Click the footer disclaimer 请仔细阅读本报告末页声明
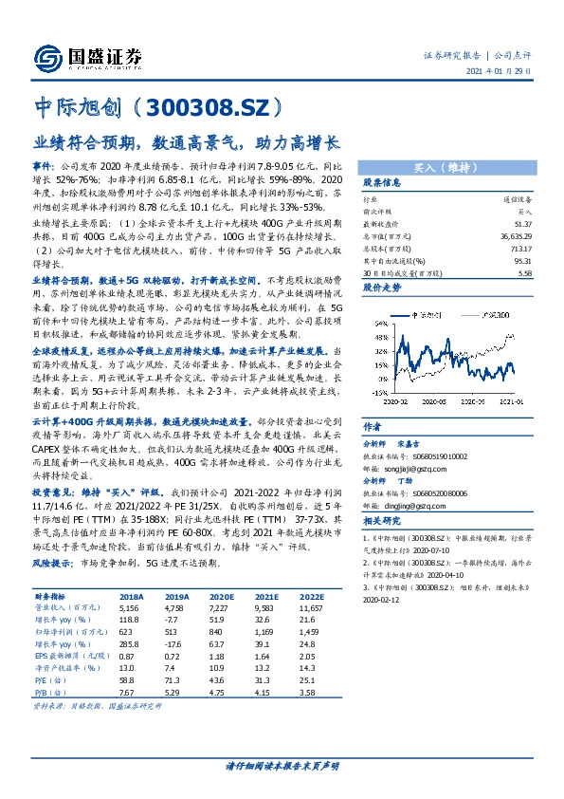282,765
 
